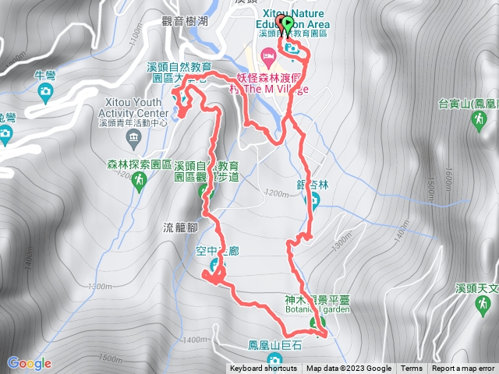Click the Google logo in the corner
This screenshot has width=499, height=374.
click(29, 363)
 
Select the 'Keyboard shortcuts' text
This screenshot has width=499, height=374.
click(263, 369)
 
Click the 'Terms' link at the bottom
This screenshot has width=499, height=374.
click(412, 369)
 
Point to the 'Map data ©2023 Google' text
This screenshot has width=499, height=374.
click(349, 369)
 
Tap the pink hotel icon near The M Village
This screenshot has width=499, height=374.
click(268, 54)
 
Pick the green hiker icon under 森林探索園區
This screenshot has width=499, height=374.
click(139, 181)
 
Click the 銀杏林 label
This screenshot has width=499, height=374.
click(313, 183)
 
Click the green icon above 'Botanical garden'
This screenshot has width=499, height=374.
click(317, 323)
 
